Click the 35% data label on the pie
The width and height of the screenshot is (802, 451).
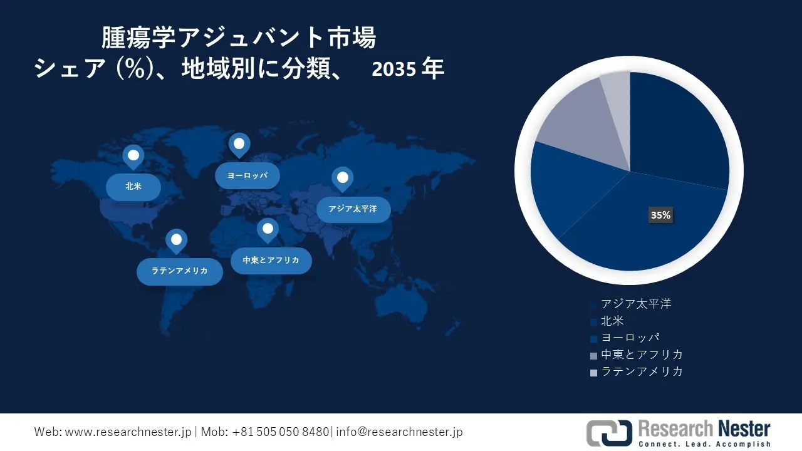[660, 215]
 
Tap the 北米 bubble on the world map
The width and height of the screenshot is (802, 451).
[133, 187]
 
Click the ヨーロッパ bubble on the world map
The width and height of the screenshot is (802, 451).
[247, 176]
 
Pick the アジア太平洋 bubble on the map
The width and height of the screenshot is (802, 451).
[353, 209]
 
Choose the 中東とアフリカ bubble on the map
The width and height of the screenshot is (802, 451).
[271, 261]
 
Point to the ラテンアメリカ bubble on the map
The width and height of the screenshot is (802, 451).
[180, 271]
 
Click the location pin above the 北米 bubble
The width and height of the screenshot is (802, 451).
[133, 157]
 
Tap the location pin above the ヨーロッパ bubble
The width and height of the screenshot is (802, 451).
[239, 145]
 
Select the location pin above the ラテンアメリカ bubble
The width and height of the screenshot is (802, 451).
[176, 241]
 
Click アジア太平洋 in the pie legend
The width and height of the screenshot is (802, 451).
[636, 304]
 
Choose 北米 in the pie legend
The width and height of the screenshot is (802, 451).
[612, 321]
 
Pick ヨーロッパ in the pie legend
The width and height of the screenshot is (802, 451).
[630, 338]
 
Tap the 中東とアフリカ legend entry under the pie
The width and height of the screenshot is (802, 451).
[642, 355]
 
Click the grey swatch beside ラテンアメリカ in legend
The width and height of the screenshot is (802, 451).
[593, 373]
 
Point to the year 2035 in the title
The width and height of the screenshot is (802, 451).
[394, 69]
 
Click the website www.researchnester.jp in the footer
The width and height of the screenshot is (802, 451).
[128, 432]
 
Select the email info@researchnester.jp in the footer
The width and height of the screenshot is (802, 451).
[399, 432]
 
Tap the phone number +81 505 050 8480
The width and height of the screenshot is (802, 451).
[280, 432]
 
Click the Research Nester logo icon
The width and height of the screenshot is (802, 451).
[610, 433]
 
